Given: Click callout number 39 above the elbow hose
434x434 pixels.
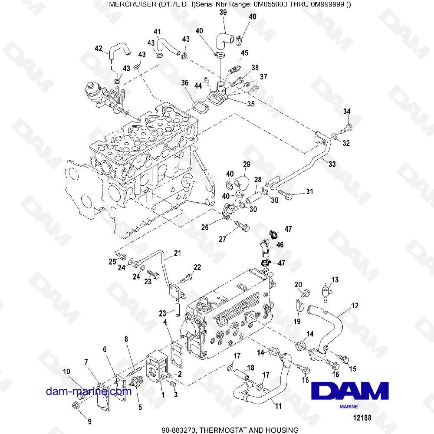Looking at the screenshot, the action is coord(223,12).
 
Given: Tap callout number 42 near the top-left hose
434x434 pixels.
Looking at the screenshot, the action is coord(99,49).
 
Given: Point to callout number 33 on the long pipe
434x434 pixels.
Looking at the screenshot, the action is coord(332,164).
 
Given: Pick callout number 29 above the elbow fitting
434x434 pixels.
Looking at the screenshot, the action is coord(247,164).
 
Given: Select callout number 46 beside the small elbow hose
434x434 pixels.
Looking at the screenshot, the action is coord(280,245).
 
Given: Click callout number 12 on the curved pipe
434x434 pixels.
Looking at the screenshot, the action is coord(355,306).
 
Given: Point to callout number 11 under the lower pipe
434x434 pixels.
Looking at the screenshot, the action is coord(278,406).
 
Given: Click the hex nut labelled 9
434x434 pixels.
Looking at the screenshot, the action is coord(75,406).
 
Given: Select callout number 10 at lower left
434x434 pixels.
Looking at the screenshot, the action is coord(66,372).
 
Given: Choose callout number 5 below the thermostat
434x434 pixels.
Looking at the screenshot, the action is coord(140,407).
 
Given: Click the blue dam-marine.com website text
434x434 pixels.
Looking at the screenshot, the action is coord(89,391).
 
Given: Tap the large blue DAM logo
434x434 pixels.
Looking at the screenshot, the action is coord(350,391).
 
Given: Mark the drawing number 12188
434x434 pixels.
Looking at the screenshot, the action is coord(362,418).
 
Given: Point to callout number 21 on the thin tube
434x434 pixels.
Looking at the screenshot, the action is coord(177,253).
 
